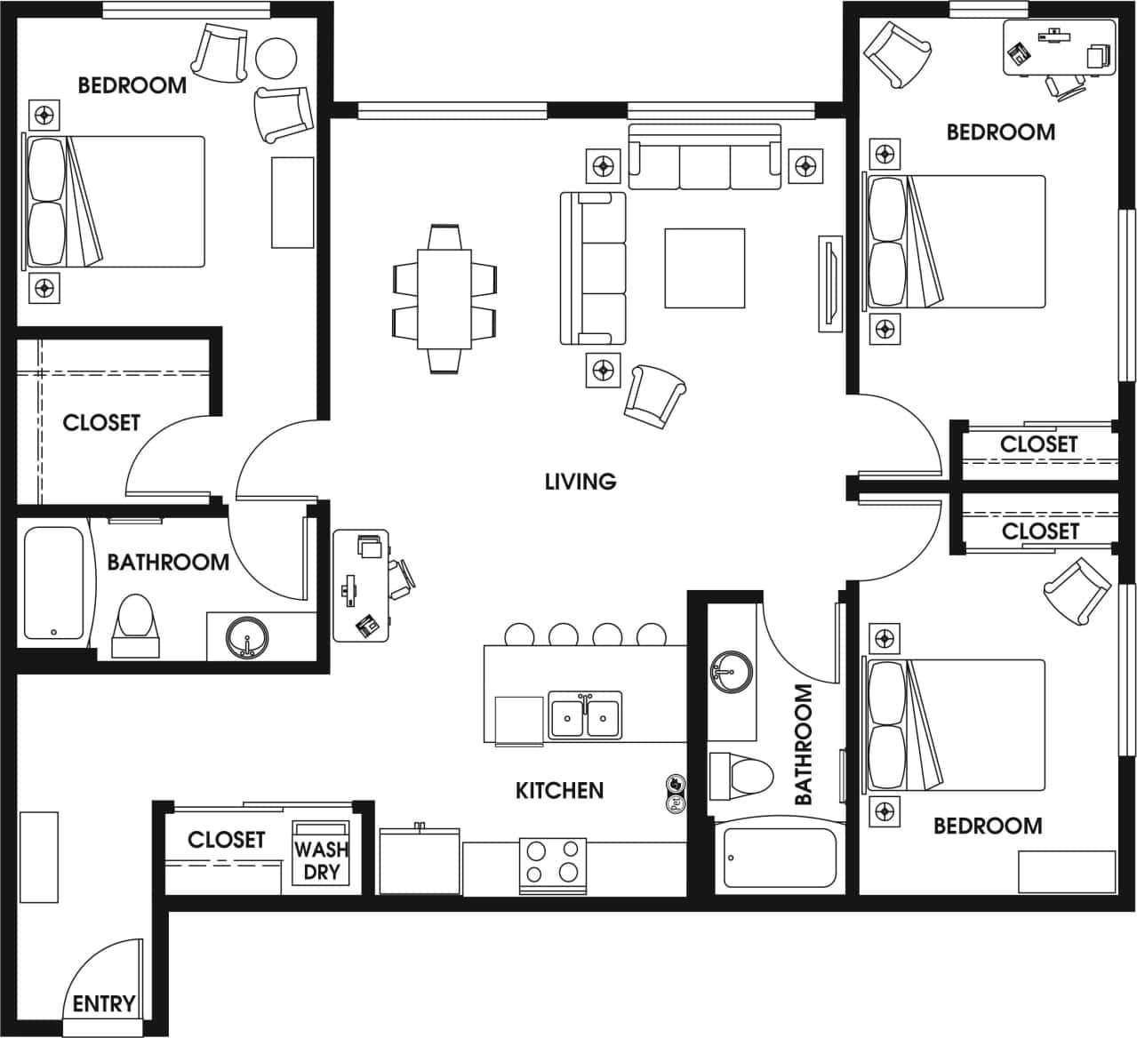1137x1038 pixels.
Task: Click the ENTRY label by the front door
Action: click(x=103, y=1003)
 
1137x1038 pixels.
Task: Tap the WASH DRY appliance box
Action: click(x=321, y=859)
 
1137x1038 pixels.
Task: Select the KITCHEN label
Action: click(x=559, y=790)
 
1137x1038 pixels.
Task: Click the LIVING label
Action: click(x=580, y=482)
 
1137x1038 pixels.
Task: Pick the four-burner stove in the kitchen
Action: click(x=552, y=863)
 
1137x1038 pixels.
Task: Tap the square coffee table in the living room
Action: click(x=704, y=268)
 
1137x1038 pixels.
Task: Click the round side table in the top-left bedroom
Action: click(x=276, y=58)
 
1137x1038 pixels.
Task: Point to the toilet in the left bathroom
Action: click(x=136, y=621)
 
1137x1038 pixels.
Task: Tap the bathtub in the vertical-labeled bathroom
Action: click(x=780, y=858)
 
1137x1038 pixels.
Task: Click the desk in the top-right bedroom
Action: click(x=1059, y=45)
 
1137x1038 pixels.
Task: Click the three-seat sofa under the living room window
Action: click(x=705, y=158)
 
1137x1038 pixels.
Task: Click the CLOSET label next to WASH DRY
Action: click(x=226, y=840)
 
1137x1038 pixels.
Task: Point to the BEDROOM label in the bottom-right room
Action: click(x=987, y=826)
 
